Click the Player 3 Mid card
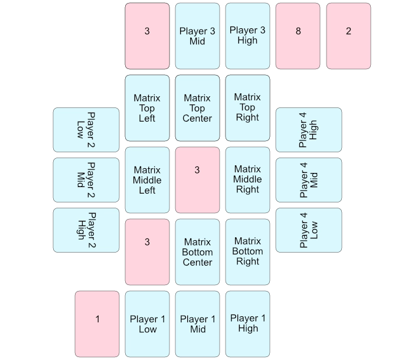(197, 36)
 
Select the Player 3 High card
(247, 36)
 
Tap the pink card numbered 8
(298, 36)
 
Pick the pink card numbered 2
(348, 36)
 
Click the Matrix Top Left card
(147, 108)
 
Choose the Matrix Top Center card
(197, 108)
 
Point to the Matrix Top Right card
(247, 108)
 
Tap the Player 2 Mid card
(87, 180)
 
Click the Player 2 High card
(87, 230)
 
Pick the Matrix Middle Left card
(147, 180)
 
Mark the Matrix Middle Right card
(247, 180)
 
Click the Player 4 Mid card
(308, 180)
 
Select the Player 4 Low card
(308, 230)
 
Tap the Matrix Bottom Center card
(197, 252)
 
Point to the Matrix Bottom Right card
(247, 252)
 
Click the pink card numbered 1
(97, 324)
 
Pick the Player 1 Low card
(147, 324)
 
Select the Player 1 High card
(247, 324)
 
